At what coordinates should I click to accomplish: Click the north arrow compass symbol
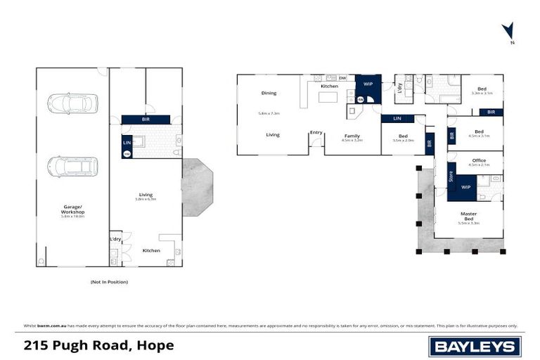pyautogui.click(x=508, y=32)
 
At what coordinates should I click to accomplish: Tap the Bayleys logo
pyautogui.click(x=475, y=346)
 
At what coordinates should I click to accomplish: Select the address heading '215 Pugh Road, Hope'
pyautogui.click(x=98, y=346)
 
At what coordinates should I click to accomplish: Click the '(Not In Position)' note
pyautogui.click(x=109, y=281)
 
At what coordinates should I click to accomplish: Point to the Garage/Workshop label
pyautogui.click(x=72, y=210)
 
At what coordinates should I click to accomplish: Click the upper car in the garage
pyautogui.click(x=72, y=104)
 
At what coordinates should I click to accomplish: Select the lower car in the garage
pyautogui.click(x=72, y=167)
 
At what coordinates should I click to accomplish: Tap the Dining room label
pyautogui.click(x=269, y=93)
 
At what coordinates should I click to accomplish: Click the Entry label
pyautogui.click(x=316, y=133)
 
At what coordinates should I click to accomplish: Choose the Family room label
pyautogui.click(x=352, y=135)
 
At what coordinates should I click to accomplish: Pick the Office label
pyautogui.click(x=479, y=160)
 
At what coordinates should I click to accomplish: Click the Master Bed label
pyautogui.click(x=468, y=217)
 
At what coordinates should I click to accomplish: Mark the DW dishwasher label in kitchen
pyautogui.click(x=342, y=78)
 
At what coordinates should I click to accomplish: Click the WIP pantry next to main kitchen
pyautogui.click(x=367, y=83)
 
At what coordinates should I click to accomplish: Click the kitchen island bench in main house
pyautogui.click(x=328, y=97)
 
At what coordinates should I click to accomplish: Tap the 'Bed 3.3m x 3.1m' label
pyautogui.click(x=482, y=89)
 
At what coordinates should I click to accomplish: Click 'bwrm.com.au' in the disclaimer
pyautogui.click(x=49, y=326)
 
